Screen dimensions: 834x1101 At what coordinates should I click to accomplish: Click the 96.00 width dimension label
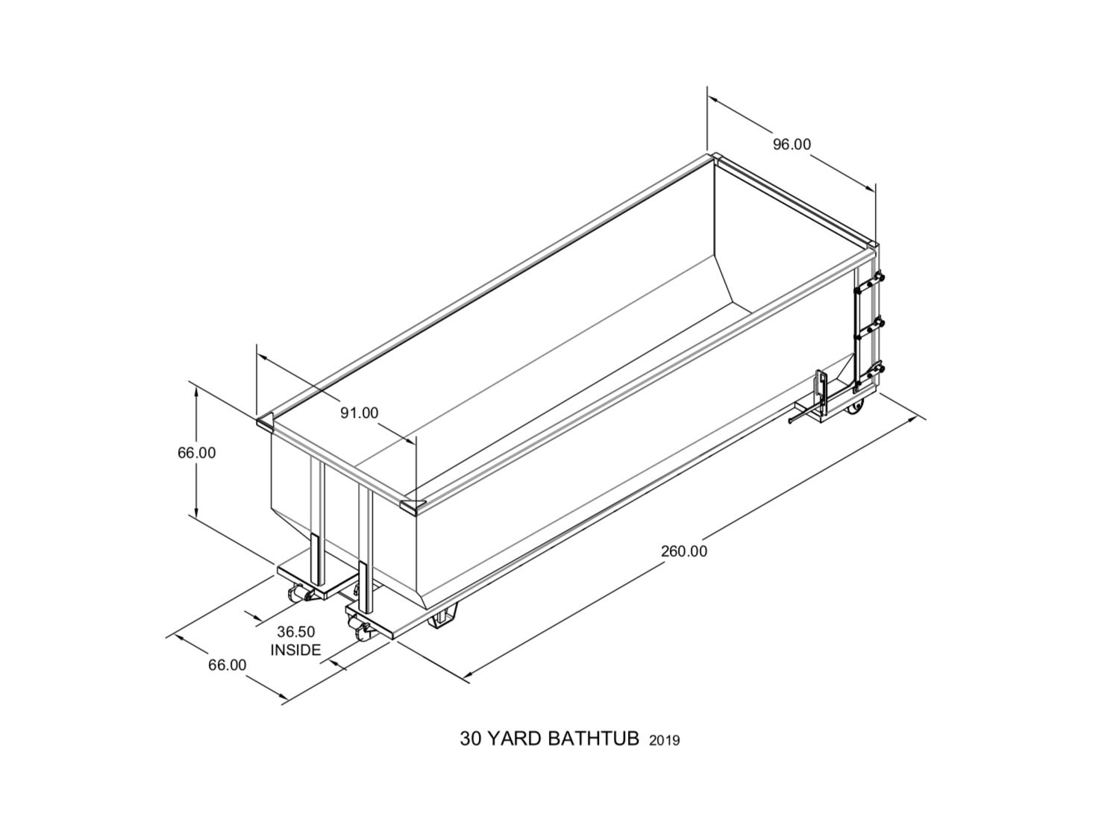coord(791,144)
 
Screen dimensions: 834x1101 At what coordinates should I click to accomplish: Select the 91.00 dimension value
coord(360,413)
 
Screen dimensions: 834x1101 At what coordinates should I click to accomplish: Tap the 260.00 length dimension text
coord(684,551)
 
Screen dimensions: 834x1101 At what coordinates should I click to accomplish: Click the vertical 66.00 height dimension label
coord(196,453)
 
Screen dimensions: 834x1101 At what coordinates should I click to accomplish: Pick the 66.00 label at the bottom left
coord(227,665)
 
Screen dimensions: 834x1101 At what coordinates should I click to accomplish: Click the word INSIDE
coord(296,650)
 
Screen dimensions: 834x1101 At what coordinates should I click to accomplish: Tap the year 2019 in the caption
coord(665,741)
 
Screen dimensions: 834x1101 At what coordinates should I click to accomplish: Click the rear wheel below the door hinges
coord(857,407)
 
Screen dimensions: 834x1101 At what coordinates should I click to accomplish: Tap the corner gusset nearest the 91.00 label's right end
coord(411,506)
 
